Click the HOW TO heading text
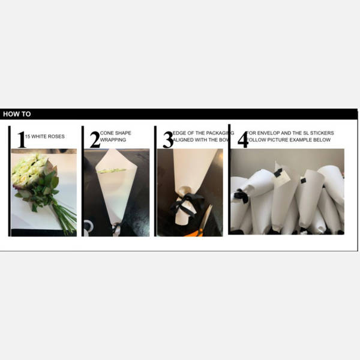tap(17, 114)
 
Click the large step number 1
tap(22, 140)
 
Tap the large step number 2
tap(95, 140)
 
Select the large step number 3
tap(168, 140)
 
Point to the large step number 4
tap(242, 140)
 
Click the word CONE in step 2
tap(107, 133)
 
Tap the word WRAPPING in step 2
tap(113, 140)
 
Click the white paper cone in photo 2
tap(114, 186)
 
